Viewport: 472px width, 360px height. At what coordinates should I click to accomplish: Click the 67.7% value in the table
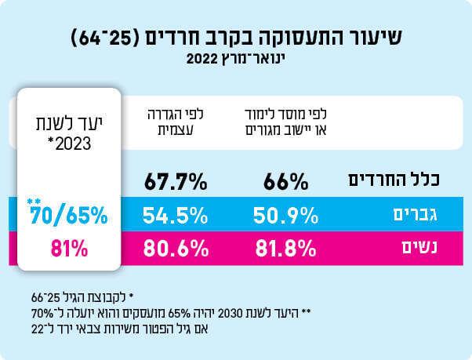(x=175, y=182)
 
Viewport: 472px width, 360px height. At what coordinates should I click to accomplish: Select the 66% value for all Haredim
(x=288, y=182)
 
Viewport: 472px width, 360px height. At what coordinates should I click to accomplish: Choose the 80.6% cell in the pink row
(x=175, y=249)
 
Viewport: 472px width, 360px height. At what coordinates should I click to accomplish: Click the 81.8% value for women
(x=286, y=249)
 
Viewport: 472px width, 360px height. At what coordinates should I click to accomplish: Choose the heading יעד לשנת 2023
(x=67, y=133)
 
